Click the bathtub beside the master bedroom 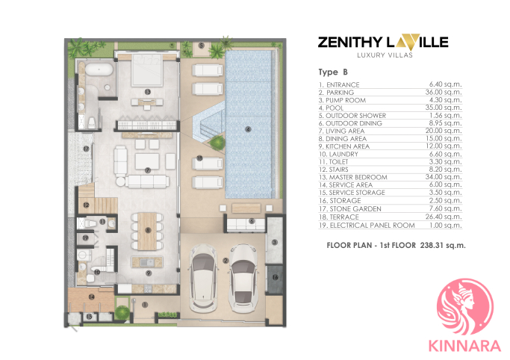tap(99, 70)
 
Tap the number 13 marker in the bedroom tap(148, 92)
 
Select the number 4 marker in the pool tap(248, 129)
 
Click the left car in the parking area tap(202, 279)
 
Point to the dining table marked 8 tap(147, 232)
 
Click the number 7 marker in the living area tap(148, 170)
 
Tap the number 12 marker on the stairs tap(86, 205)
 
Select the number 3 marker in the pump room tap(275, 242)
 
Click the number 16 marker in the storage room tap(276, 277)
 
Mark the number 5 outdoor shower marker tap(202, 46)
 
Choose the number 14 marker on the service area tap(92, 297)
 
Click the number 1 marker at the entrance tap(145, 305)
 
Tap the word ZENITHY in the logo tap(350, 43)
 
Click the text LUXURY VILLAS tap(385, 55)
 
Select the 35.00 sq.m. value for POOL tap(444, 108)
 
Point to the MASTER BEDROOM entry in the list tap(358, 177)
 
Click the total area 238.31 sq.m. tap(443, 245)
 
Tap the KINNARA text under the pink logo tap(464, 346)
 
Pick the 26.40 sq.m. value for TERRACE tap(444, 217)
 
